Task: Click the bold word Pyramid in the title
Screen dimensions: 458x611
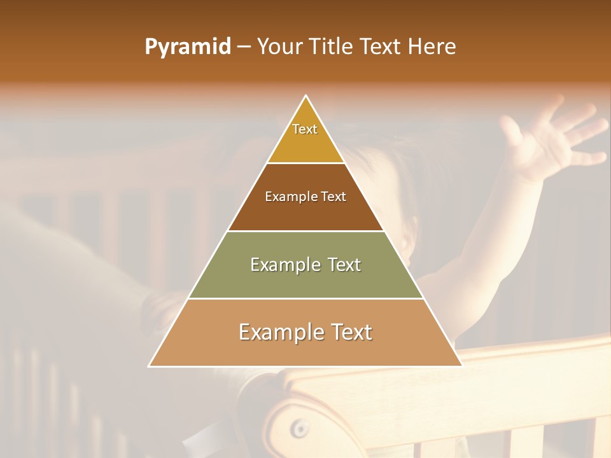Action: click(x=188, y=46)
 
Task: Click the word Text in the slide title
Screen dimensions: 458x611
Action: click(x=381, y=46)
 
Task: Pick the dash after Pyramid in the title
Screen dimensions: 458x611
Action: click(x=244, y=47)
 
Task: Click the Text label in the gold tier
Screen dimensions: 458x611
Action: click(x=305, y=129)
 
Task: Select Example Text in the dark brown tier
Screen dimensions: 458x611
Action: click(x=305, y=197)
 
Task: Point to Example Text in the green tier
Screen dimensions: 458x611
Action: click(x=305, y=265)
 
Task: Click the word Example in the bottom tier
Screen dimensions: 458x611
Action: click(x=277, y=332)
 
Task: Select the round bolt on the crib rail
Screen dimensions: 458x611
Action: click(x=299, y=428)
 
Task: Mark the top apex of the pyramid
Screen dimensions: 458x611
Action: click(x=306, y=96)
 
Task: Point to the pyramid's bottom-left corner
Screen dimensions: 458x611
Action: click(x=150, y=366)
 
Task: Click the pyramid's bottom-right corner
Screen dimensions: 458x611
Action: click(x=461, y=366)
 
